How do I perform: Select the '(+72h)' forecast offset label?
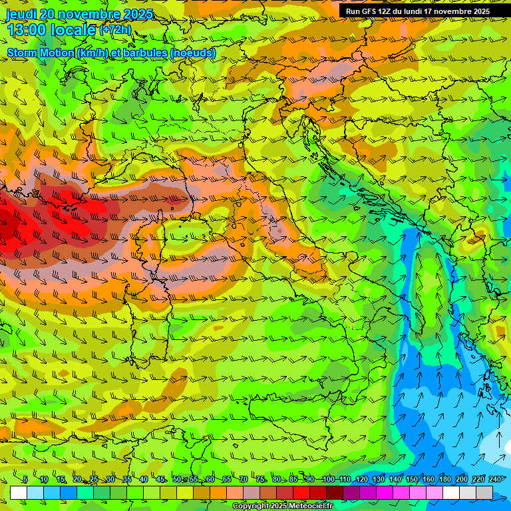coord(115,30)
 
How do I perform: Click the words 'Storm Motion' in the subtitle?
coord(41,53)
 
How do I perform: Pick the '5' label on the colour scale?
coord(25,480)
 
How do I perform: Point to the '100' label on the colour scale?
coord(328,480)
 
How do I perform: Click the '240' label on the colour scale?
coord(495,480)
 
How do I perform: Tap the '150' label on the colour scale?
coord(412,480)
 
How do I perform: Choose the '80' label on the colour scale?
coord(277,480)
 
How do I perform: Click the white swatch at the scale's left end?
coord(19,492)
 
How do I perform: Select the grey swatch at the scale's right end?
coord(484,492)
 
